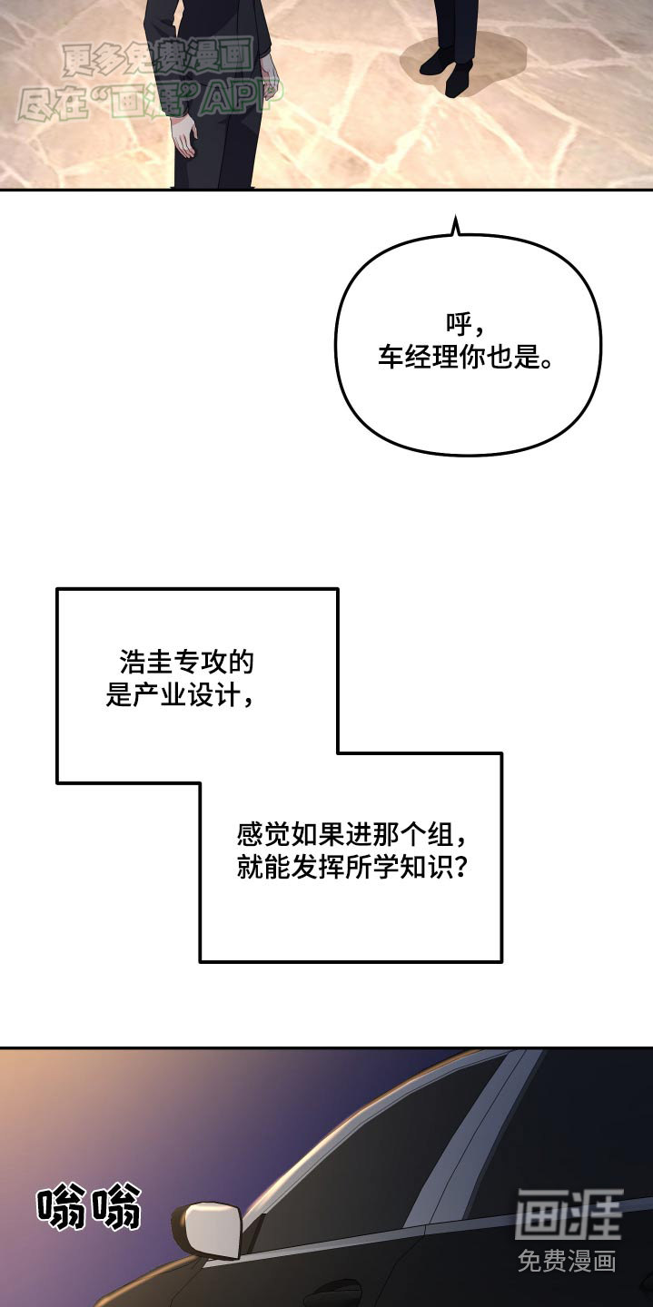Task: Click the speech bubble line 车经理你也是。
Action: coord(465,357)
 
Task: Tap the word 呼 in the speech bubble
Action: coord(459,324)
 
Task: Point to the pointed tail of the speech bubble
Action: coord(455,226)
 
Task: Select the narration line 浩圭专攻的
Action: coord(187,663)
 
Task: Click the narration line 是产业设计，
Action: coord(180,695)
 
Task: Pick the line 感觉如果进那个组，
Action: coord(351,835)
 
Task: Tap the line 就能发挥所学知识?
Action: coord(351,868)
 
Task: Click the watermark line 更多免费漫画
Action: coord(158,59)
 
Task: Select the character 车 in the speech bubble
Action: coord(391,357)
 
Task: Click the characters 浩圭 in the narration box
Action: coord(146,663)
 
